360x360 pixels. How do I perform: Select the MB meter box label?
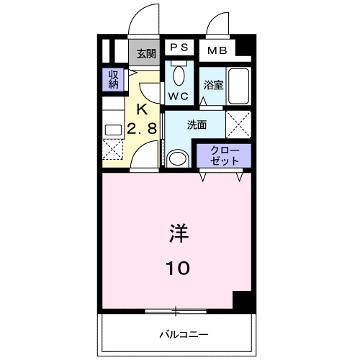(217, 50)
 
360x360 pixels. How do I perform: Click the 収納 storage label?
(114, 78)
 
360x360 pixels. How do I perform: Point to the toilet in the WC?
(179, 74)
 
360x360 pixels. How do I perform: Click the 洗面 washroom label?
(197, 125)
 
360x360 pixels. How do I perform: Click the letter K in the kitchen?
(142, 110)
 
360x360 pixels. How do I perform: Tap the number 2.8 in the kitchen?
(142, 130)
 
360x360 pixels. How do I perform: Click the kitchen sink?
(113, 130)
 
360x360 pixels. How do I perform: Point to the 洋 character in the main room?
(179, 234)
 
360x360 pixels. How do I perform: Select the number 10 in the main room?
(179, 268)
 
